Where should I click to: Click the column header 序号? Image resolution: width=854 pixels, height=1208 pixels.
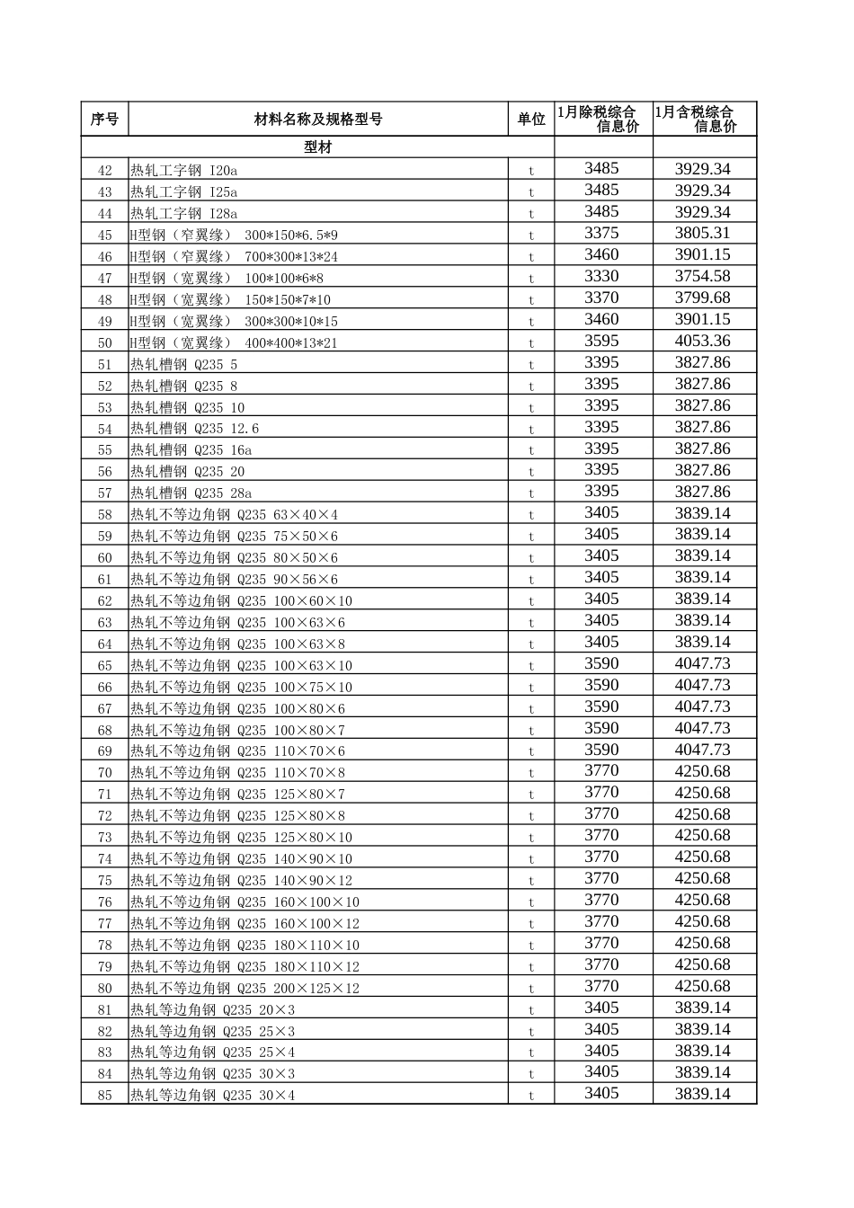click(x=104, y=119)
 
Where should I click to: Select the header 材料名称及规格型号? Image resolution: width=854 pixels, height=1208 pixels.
click(x=318, y=119)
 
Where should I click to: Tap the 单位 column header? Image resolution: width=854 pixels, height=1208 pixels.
click(x=531, y=119)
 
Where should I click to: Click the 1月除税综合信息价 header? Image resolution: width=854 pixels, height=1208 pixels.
click(x=602, y=119)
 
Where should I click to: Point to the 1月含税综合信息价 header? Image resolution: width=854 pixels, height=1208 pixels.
click(x=704, y=119)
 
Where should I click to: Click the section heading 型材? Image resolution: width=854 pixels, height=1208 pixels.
click(x=318, y=147)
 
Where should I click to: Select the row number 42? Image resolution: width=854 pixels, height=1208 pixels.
click(x=105, y=170)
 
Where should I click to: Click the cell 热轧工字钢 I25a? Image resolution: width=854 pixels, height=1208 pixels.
click(x=184, y=191)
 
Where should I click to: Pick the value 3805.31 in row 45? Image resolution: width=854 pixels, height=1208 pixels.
click(x=703, y=234)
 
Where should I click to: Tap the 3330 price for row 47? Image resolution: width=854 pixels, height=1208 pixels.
click(x=601, y=277)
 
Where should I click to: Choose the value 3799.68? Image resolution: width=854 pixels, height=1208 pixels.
click(x=703, y=298)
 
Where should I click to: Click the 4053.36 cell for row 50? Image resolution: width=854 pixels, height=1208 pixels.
click(x=703, y=342)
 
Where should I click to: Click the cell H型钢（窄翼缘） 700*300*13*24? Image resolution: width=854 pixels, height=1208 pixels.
click(x=235, y=256)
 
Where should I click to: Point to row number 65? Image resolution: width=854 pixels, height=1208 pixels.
click(x=105, y=666)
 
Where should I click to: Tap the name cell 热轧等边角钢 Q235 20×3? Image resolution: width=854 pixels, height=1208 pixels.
click(x=213, y=1009)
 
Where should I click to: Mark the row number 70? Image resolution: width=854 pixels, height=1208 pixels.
click(x=105, y=773)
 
